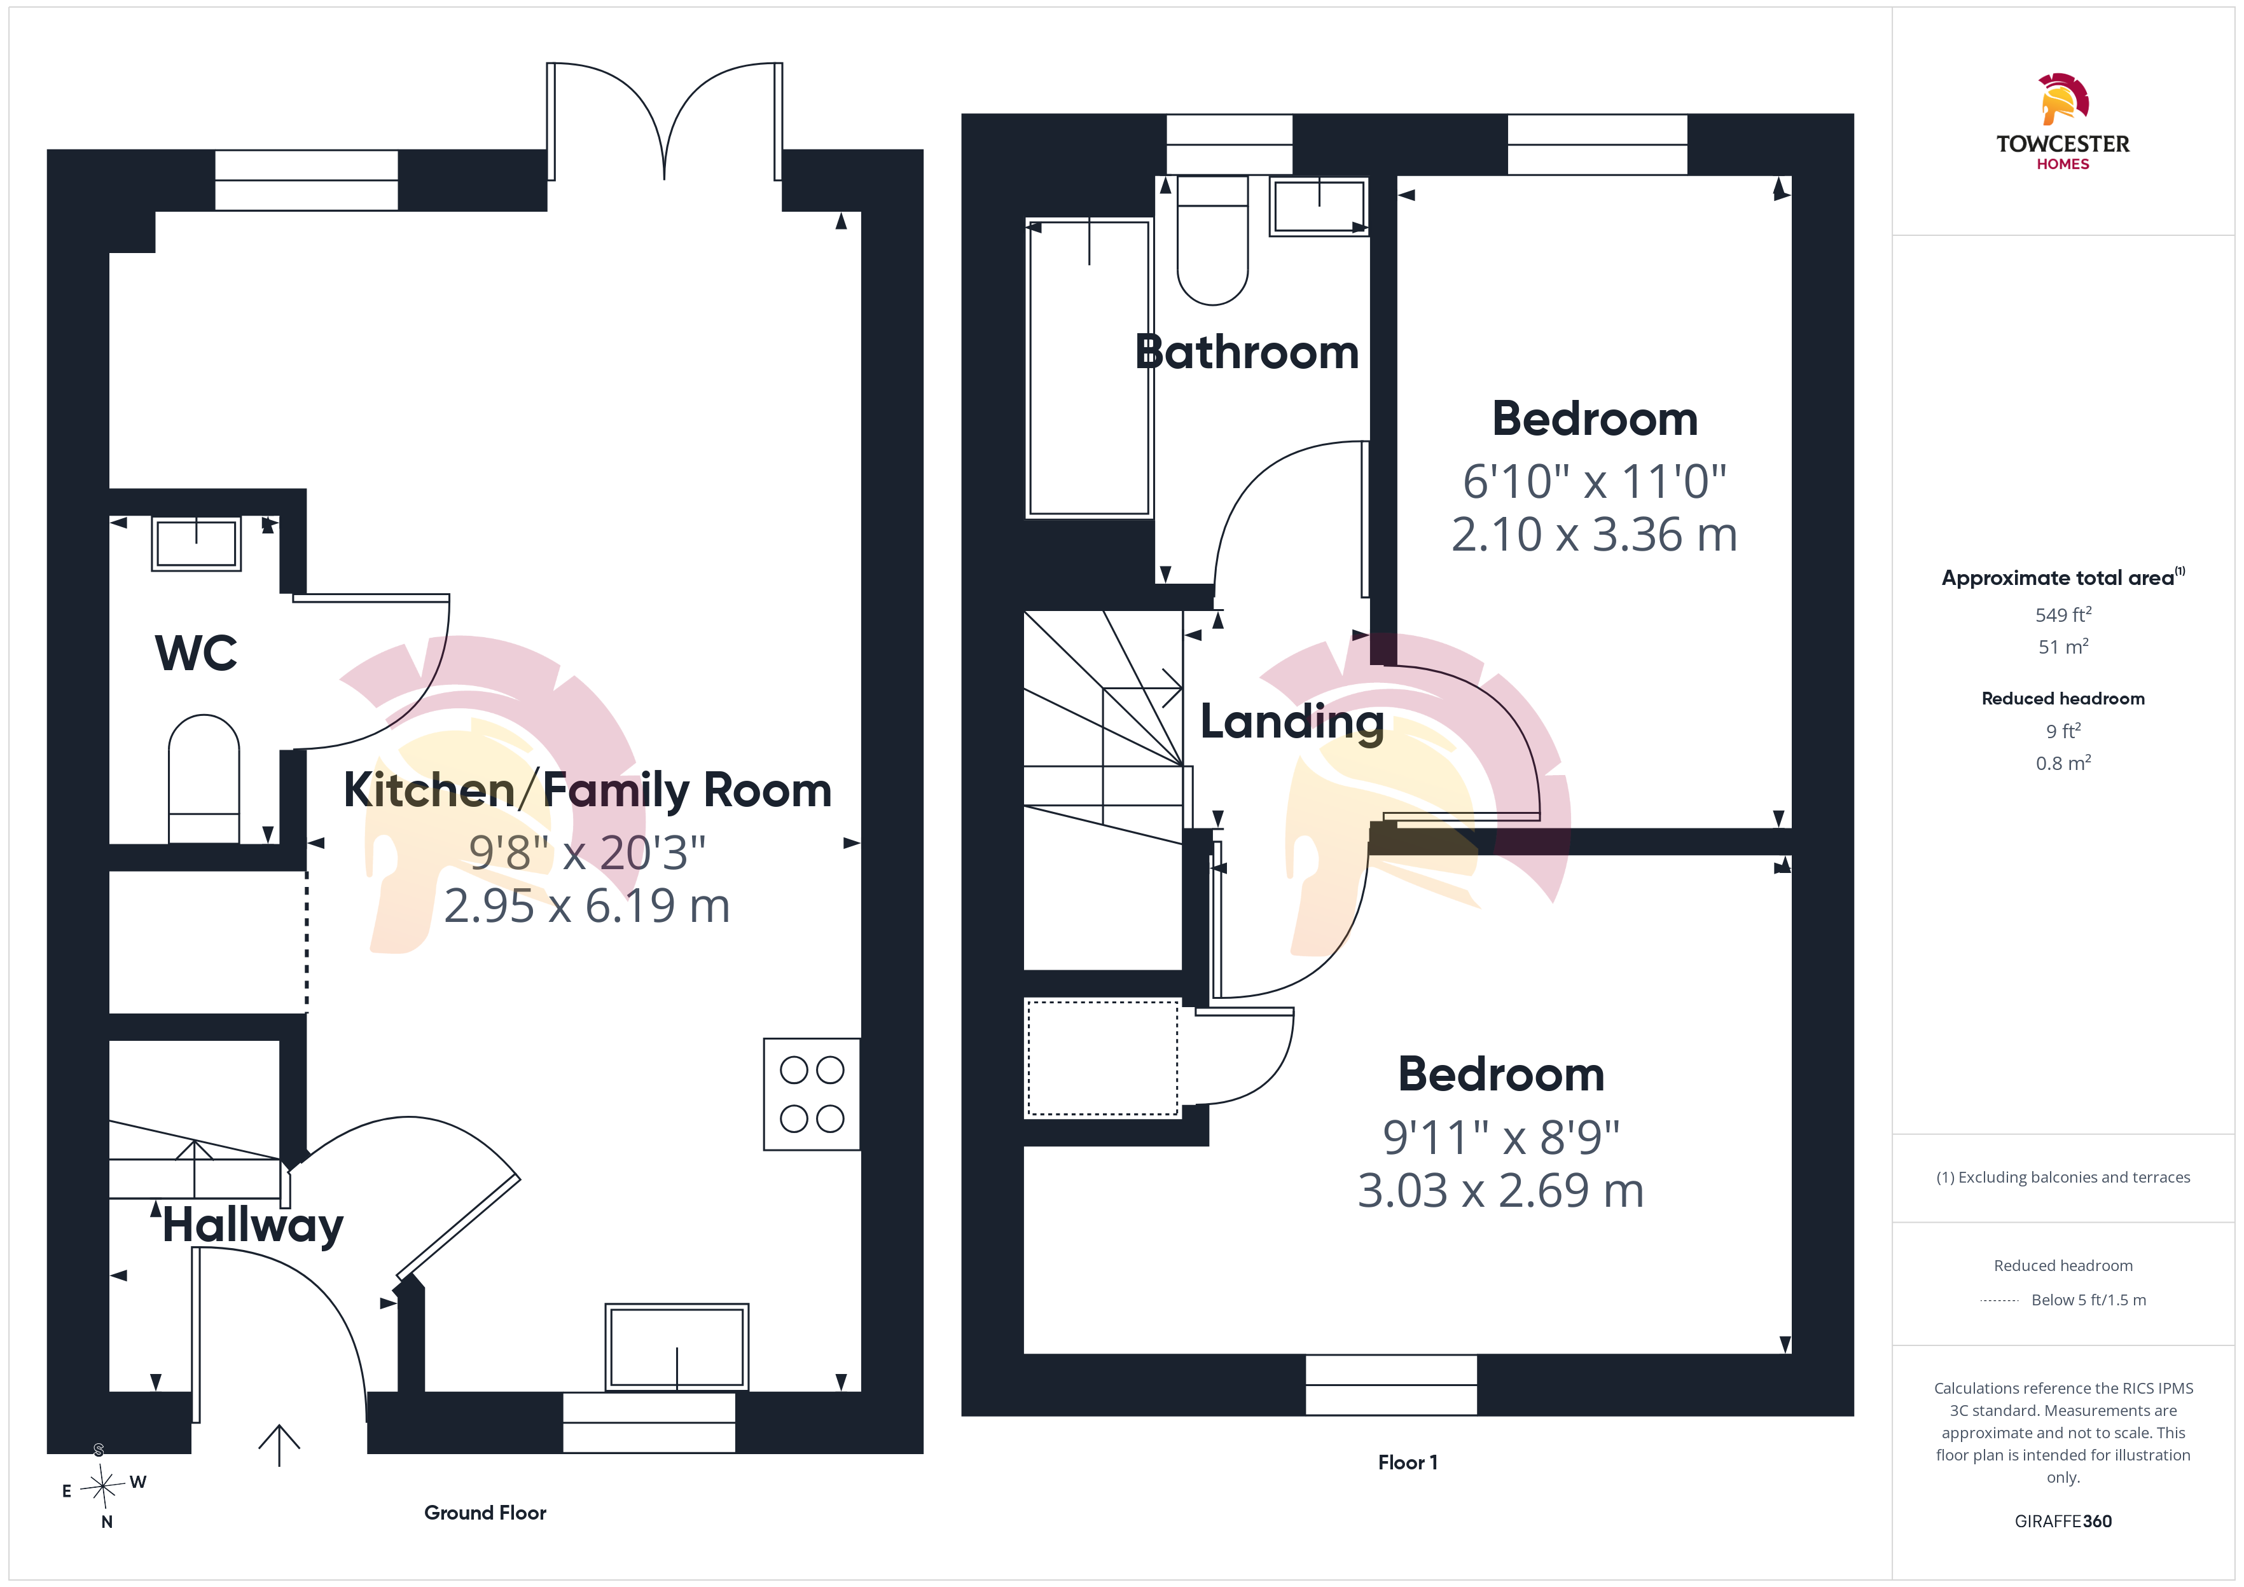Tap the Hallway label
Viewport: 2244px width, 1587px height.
[253, 1225]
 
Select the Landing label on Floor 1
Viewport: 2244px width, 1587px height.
[1292, 723]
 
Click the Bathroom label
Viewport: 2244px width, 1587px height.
[1247, 352]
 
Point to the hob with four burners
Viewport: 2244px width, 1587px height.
[811, 1094]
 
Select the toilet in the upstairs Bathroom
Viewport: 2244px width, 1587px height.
[1213, 240]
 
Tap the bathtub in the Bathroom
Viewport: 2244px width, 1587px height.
[1089, 368]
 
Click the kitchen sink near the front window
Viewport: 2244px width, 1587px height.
[676, 1347]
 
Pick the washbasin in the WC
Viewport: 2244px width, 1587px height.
[197, 544]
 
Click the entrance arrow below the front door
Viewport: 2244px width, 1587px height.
[279, 1445]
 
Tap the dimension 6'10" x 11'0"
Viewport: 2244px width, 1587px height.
[1595, 482]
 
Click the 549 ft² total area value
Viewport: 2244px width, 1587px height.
[2063, 615]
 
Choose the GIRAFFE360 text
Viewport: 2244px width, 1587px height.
[2063, 1522]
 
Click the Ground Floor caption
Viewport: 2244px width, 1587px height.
[485, 1513]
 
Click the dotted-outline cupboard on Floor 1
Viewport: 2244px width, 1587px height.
[1102, 1057]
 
